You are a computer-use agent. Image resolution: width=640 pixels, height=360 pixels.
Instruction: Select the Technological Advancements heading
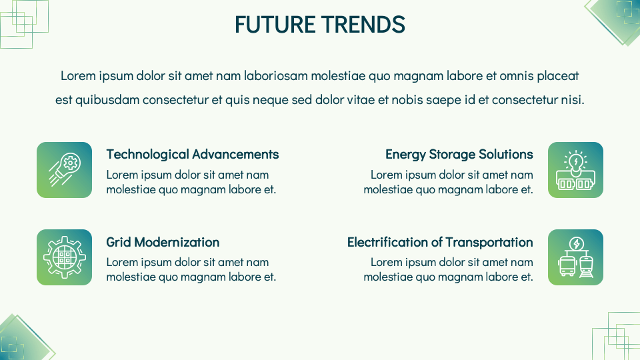pos(193,154)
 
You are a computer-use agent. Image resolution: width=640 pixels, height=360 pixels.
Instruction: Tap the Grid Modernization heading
pos(163,242)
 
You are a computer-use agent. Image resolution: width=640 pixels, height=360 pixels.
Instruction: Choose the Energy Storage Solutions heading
pos(459,154)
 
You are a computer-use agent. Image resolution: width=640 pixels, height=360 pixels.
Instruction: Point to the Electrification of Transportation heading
pos(440,242)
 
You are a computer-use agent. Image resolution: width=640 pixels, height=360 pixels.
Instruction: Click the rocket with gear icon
pos(64,170)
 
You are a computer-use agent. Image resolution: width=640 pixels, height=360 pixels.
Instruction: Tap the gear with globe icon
pos(64,257)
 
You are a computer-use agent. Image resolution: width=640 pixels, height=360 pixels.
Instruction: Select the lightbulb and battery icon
pos(575,170)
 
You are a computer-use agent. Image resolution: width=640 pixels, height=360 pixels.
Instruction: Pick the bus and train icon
pos(575,257)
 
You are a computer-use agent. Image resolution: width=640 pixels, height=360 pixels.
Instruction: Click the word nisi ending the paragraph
pos(572,101)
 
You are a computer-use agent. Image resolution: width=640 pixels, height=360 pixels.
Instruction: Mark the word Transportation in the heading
pos(489,242)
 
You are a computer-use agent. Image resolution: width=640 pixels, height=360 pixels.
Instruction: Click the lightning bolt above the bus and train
pos(576,243)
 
